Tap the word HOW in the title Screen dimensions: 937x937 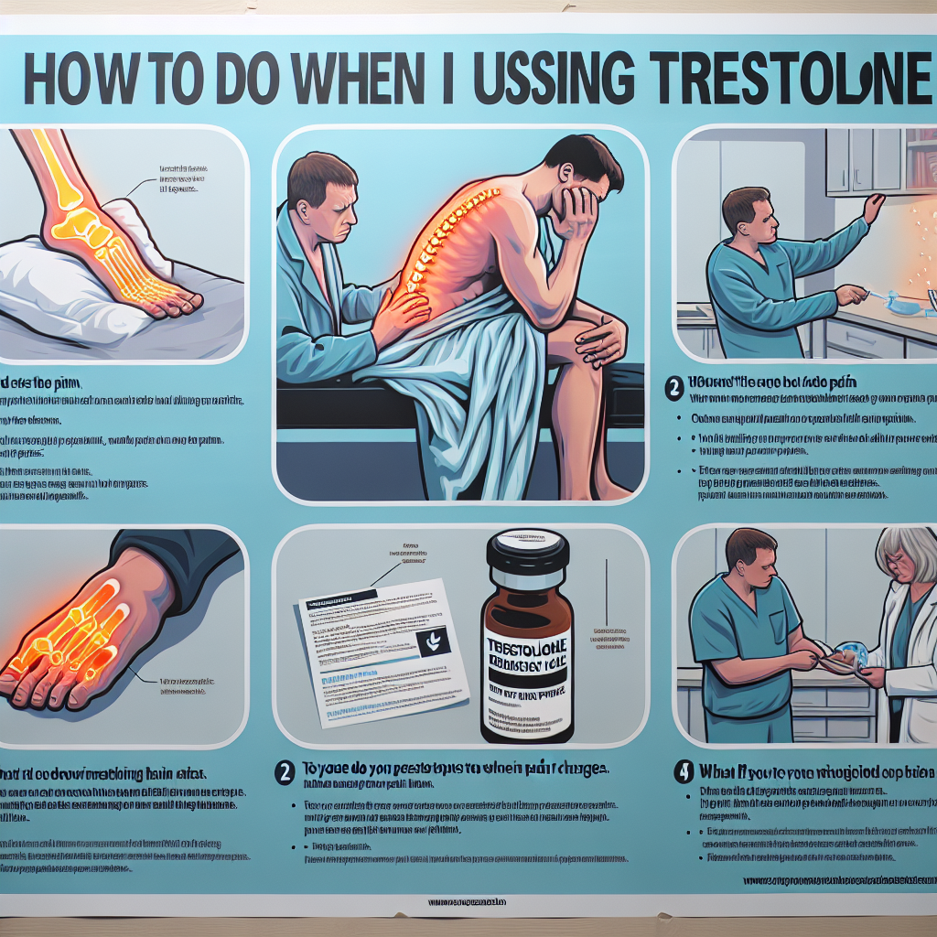[x=83, y=81]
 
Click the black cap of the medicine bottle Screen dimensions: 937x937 [x=527, y=555]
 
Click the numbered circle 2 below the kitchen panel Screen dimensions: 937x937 [x=675, y=388]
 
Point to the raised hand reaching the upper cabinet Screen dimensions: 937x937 [x=873, y=207]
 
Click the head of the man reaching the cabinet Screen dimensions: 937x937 [x=746, y=211]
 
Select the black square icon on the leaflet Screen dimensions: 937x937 [x=428, y=645]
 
